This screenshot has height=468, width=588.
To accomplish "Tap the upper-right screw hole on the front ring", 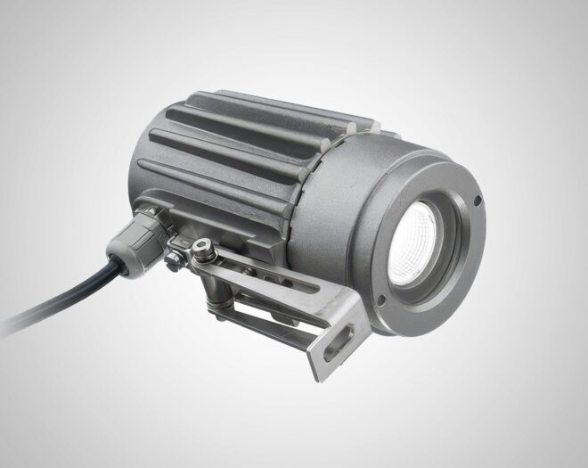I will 478,198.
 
